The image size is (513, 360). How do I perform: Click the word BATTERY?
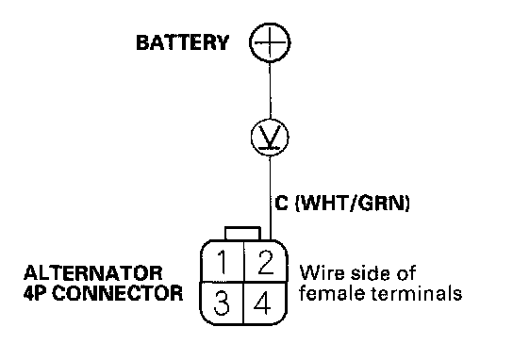click(182, 42)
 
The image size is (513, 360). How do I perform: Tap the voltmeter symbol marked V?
click(270, 138)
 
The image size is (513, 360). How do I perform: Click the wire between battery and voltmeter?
click(270, 90)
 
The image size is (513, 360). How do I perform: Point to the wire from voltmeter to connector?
click(271, 198)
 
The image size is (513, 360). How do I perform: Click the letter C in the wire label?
click(281, 203)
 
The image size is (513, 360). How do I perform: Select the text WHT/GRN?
click(353, 204)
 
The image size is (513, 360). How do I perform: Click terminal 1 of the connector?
click(223, 261)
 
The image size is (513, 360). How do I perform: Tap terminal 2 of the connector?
click(265, 261)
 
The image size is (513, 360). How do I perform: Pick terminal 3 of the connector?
click(222, 303)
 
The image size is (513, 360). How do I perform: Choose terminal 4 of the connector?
click(265, 303)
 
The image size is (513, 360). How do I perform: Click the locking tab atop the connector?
click(242, 234)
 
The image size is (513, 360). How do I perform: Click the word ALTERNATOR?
click(93, 273)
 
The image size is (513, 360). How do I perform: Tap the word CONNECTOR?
click(117, 293)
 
